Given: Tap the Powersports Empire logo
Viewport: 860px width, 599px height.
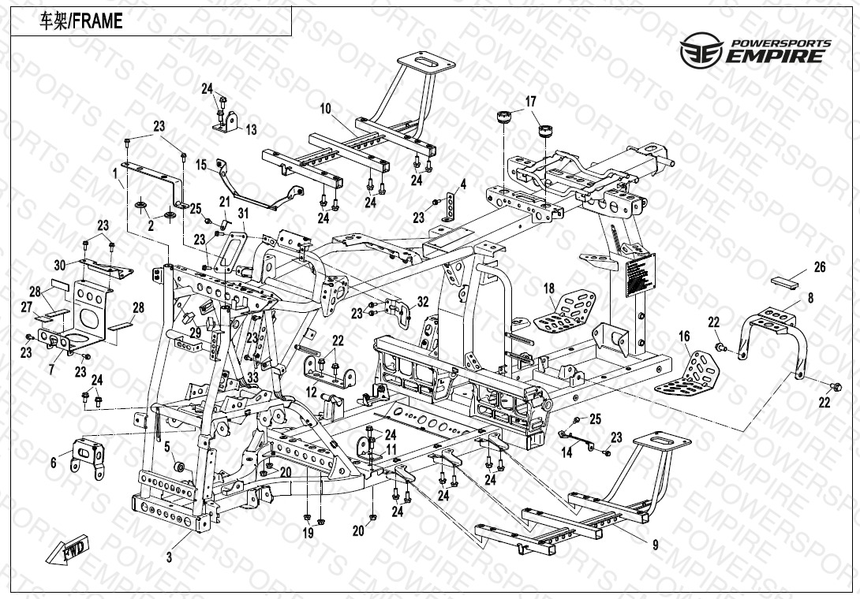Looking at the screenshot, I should point(755,50).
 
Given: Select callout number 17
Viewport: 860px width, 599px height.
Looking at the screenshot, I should point(530,101).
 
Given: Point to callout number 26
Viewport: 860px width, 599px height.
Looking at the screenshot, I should point(819,268).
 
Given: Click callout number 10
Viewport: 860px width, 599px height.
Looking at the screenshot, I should point(325,107).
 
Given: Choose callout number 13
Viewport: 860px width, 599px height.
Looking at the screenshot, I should point(251,129).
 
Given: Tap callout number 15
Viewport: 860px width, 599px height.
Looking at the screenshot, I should point(201,165).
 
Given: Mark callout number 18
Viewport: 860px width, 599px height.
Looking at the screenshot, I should point(549,289).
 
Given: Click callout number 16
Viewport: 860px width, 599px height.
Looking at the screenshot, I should point(684,337).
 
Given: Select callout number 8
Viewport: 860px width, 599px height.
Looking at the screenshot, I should point(809,298).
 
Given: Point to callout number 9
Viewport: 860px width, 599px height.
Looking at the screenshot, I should point(655,544).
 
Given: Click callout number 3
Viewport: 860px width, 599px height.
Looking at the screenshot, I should point(169,556).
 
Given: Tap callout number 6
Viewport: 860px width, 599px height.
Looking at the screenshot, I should point(54,463).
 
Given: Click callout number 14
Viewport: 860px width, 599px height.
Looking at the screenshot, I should point(566,452).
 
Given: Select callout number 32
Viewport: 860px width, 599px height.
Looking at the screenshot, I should point(423,301).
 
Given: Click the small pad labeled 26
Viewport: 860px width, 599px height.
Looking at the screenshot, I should point(787,278).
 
